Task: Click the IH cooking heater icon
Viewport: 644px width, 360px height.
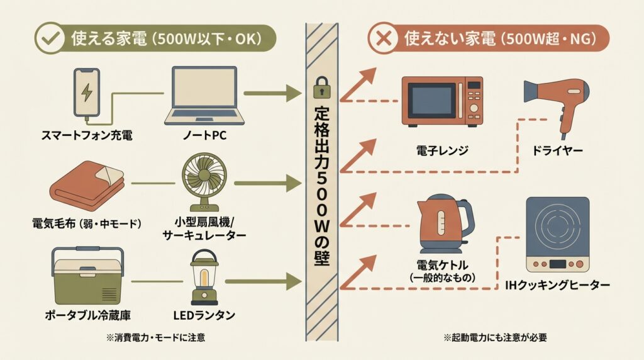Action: pos(557,233)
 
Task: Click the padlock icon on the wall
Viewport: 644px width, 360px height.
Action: pos(321,88)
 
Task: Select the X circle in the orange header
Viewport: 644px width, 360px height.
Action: pos(382,38)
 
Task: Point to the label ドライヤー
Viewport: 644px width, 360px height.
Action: pos(557,150)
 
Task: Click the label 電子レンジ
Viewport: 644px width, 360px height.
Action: pos(442,150)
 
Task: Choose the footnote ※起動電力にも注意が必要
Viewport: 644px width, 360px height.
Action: pos(495,337)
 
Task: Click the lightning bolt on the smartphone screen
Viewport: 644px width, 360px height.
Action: pos(87,93)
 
